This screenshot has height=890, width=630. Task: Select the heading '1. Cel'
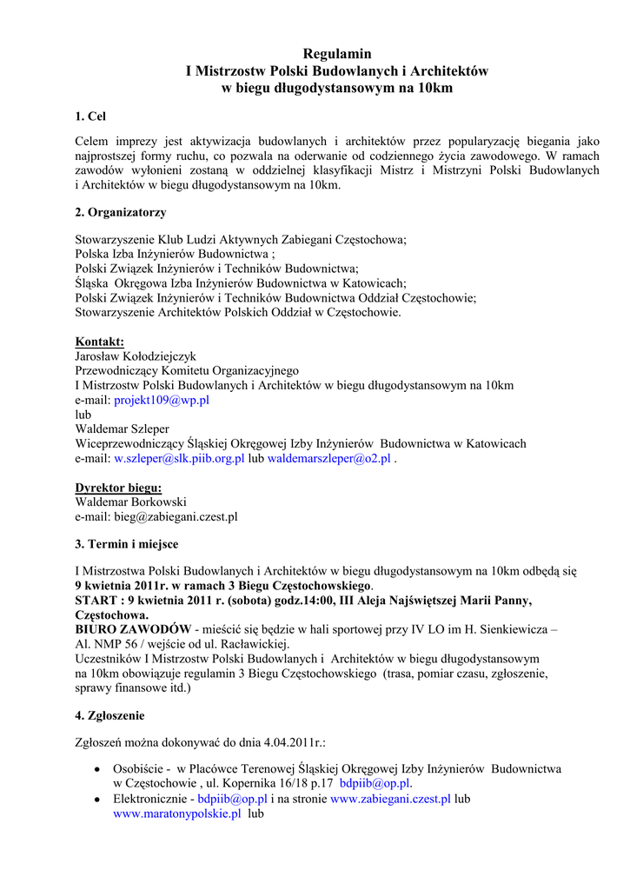pyautogui.click(x=90, y=116)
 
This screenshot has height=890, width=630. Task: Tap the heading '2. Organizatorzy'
pyautogui.click(x=121, y=212)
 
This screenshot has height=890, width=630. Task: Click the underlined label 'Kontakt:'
pyautogui.click(x=99, y=342)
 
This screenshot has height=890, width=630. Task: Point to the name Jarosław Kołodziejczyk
pyautogui.click(x=136, y=356)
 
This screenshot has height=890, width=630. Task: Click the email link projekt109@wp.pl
pyautogui.click(x=162, y=400)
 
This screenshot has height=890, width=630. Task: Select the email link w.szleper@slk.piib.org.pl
pyautogui.click(x=180, y=458)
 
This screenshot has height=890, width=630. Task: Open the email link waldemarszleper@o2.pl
pyautogui.click(x=328, y=458)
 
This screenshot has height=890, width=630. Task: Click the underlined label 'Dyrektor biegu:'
pyautogui.click(x=118, y=488)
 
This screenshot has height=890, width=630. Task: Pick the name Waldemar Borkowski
pyautogui.click(x=130, y=501)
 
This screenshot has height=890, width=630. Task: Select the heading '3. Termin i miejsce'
pyautogui.click(x=127, y=544)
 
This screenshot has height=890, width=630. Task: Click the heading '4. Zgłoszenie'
pyautogui.click(x=109, y=715)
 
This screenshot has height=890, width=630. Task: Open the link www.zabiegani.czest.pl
pyautogui.click(x=391, y=798)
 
